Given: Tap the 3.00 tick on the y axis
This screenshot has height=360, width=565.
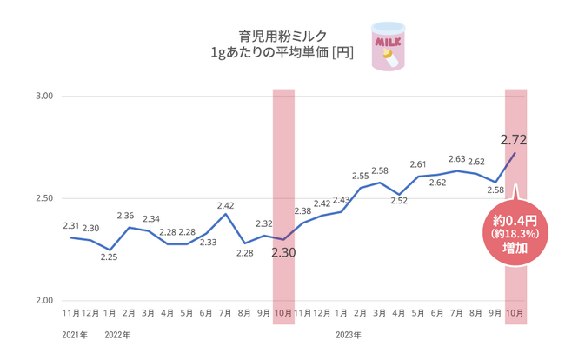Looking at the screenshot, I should (43, 96).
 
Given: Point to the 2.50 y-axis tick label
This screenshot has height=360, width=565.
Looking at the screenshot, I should (43, 198).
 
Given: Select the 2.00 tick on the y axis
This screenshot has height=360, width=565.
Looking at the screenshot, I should (43, 301).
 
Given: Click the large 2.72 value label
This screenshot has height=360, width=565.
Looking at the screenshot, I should (515, 139).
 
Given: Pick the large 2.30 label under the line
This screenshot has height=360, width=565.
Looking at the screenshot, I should (284, 254).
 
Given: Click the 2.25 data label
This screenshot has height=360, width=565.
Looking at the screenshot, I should (109, 257).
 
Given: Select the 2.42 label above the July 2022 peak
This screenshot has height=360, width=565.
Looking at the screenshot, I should (225, 205).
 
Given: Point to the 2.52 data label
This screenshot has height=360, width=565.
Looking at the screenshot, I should (399, 201).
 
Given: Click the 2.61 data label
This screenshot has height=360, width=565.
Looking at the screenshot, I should (418, 165).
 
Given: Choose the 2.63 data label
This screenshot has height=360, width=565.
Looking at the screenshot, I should (457, 159).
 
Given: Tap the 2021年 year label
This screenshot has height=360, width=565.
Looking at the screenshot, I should (75, 334).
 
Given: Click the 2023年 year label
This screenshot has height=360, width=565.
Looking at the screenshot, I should (348, 334).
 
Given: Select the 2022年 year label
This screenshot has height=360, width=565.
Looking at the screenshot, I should (116, 334).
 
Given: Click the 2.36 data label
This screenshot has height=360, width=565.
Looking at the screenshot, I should (125, 216).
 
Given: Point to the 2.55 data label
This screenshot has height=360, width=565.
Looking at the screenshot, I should (360, 176).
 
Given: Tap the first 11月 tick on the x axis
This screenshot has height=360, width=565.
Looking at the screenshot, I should (71, 312).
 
